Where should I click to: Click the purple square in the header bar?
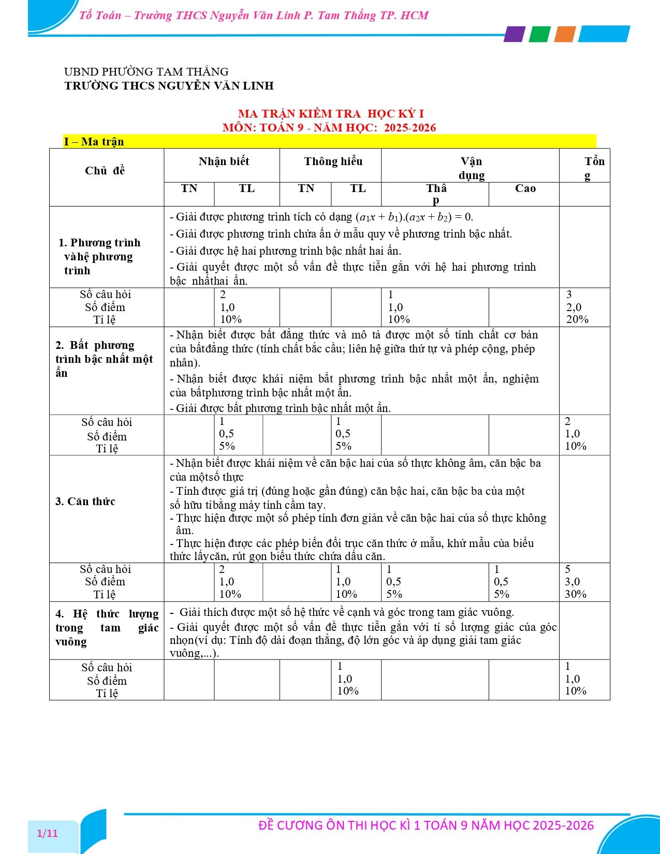coord(514,34)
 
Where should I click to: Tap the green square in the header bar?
coord(539,34)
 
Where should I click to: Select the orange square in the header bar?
coord(565,34)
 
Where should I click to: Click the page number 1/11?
coord(48,833)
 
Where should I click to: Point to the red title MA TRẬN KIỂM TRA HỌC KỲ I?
coord(331,114)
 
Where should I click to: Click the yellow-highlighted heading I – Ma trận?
coord(94,142)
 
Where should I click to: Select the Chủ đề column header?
coord(105,171)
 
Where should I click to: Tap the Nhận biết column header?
coord(224,161)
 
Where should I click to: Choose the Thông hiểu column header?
coord(333,161)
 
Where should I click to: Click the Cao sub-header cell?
coord(525,189)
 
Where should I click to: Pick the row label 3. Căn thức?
coord(85,502)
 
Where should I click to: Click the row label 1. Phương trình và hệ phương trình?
coord(99,257)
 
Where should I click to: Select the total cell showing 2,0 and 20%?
coord(577,307)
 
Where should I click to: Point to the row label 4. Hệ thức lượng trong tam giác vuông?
coord(107,628)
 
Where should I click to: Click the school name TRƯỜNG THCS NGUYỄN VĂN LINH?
coord(169,86)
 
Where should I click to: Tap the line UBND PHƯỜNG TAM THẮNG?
coord(146,72)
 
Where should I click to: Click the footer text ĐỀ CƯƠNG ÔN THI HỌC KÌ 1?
coord(426,826)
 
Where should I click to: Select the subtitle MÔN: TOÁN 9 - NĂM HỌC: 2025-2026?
coord(329,128)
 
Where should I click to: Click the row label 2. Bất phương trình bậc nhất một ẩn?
coord(104,359)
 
